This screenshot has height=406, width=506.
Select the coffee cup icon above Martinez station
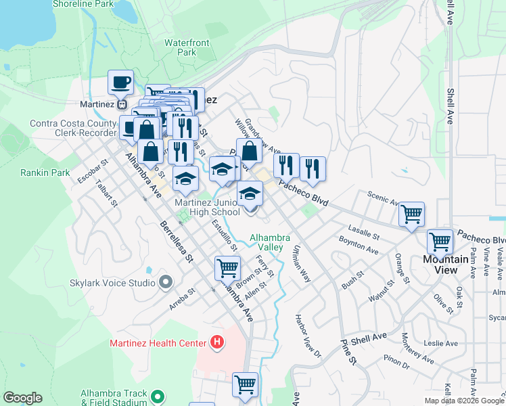click(x=121, y=83)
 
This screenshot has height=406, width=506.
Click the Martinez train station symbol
click(x=122, y=104)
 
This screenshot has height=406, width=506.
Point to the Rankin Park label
click(x=45, y=173)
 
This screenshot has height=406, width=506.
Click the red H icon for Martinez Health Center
click(x=216, y=342)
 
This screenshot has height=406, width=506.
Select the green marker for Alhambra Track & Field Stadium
click(x=158, y=397)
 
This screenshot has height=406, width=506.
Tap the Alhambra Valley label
click(x=270, y=242)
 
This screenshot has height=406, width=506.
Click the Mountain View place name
click(x=445, y=264)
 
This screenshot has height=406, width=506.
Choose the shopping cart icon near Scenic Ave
click(x=411, y=215)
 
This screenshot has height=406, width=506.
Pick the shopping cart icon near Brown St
click(x=227, y=268)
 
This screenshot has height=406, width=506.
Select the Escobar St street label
click(x=93, y=171)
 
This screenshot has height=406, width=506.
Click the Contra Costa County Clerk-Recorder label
click(x=73, y=129)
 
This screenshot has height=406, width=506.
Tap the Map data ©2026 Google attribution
click(x=465, y=401)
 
